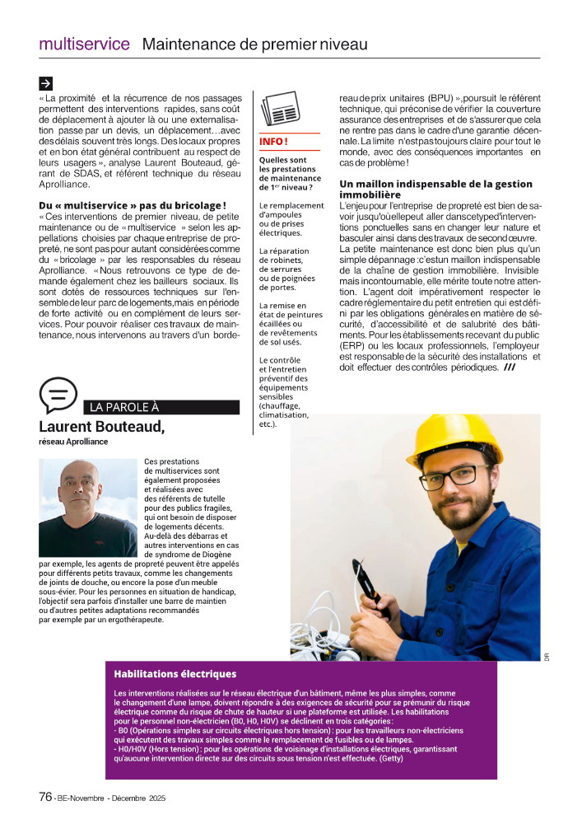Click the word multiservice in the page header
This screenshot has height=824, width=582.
tap(84, 44)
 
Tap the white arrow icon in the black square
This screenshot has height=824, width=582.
tap(46, 82)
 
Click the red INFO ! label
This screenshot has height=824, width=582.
tap(273, 142)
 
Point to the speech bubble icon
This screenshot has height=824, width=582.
tap(58, 395)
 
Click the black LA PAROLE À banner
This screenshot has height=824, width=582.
tap(161, 407)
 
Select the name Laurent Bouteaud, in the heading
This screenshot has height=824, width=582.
tap(101, 426)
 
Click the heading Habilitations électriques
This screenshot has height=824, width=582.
tap(175, 674)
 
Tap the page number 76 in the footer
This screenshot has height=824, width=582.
tap(46, 797)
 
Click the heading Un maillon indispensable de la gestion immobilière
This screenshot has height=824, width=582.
tap(435, 190)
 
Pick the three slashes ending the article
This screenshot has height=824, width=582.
tap(510, 368)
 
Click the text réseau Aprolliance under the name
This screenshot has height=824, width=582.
tap(73, 442)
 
